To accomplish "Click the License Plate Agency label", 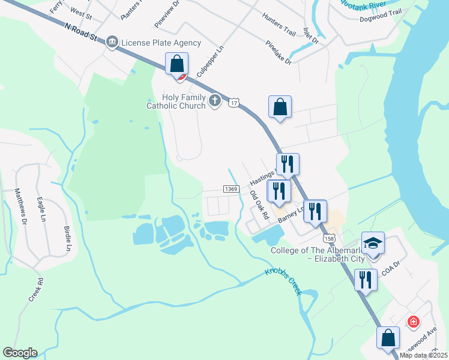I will coord(161,43).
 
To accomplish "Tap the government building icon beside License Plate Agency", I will coord(112,43).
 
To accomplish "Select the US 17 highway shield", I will coord(234,103).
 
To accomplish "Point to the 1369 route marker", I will coord(232,189).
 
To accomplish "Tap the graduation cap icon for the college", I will coord(373,243).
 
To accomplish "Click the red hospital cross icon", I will coord(413,322).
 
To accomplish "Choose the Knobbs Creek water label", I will coord(283,281).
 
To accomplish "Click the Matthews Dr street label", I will coord(20,207).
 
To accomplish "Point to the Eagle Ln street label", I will coord(41,211).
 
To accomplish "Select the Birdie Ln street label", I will coord(67,239).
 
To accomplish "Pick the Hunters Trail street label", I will coord(280,24).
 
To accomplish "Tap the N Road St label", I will coord(80,32).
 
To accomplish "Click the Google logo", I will coord(20,353).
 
